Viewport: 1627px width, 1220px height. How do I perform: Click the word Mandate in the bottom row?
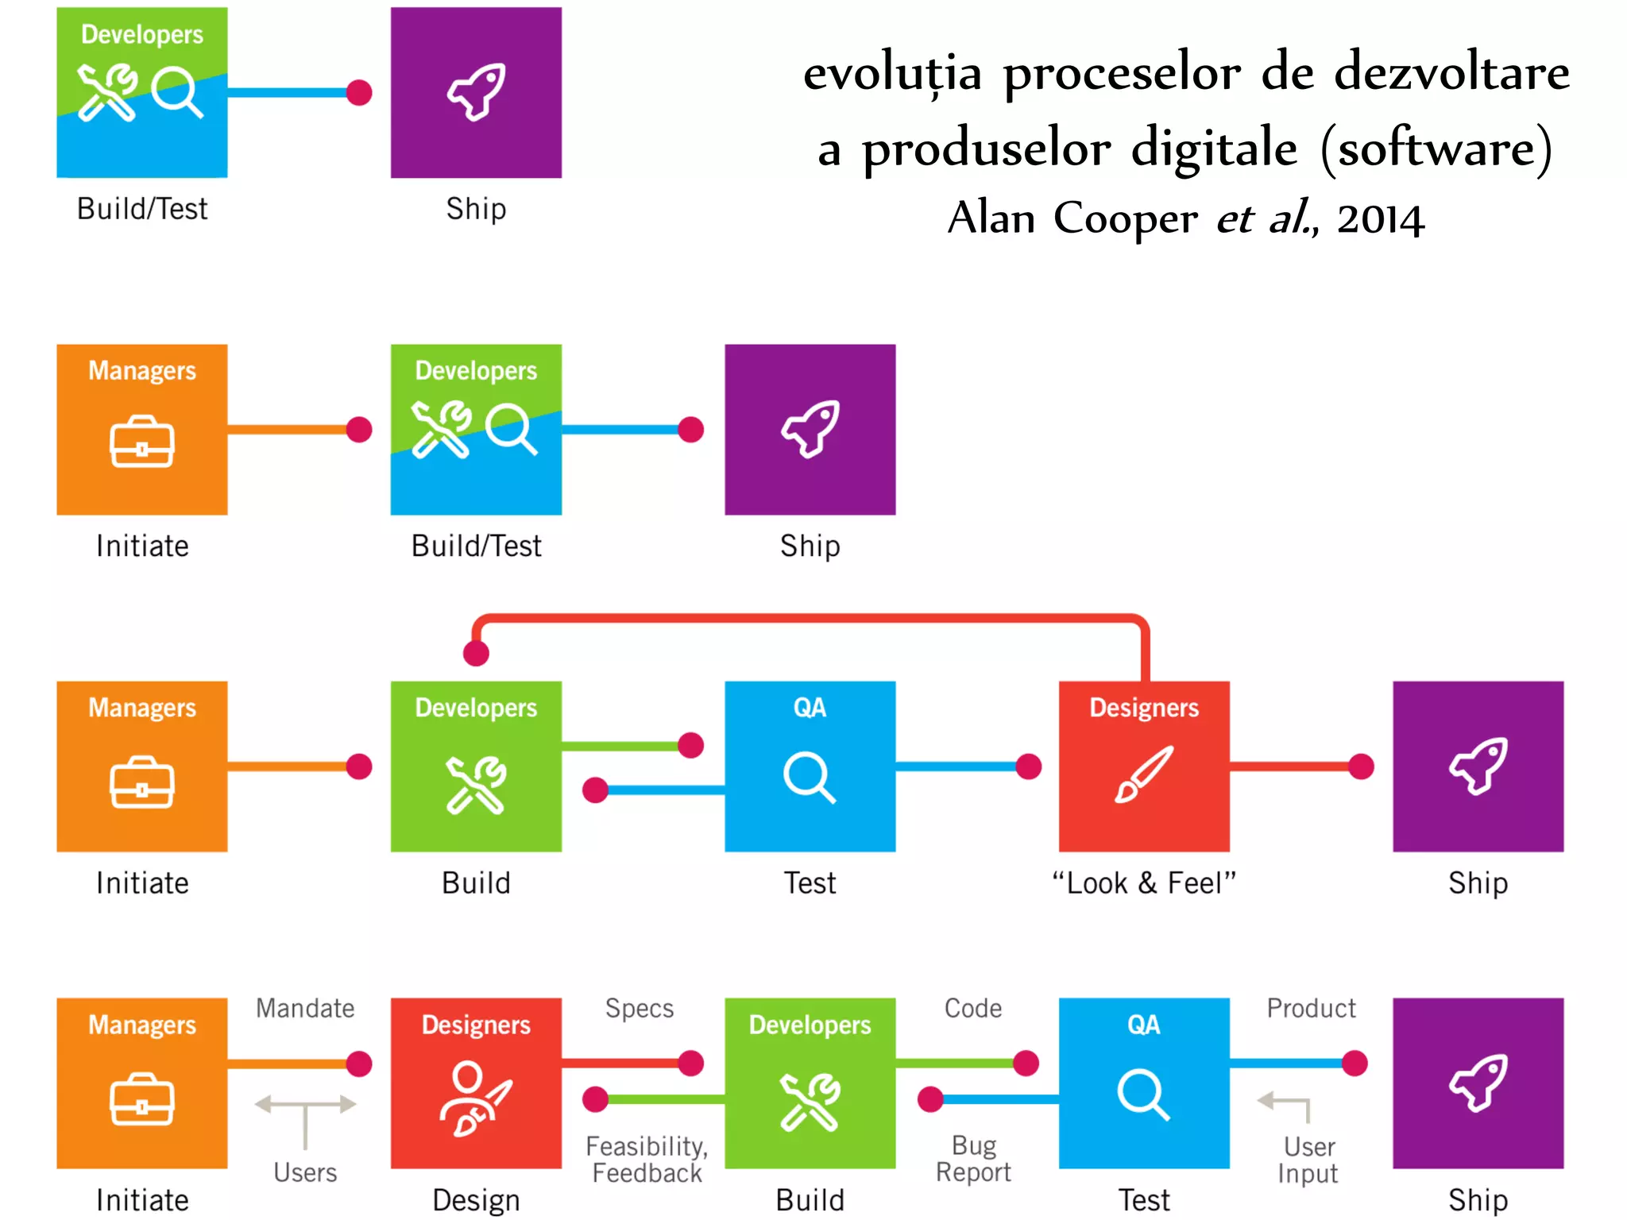(x=305, y=1008)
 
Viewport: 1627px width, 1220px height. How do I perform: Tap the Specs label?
(x=640, y=1008)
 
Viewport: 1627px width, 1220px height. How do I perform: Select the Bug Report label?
(x=973, y=1159)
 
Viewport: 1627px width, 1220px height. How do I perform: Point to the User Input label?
(x=1308, y=1160)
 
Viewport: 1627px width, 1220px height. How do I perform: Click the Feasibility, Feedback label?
(x=647, y=1160)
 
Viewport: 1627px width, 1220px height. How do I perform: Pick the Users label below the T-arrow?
(x=305, y=1172)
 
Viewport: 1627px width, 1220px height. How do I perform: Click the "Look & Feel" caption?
(x=1144, y=882)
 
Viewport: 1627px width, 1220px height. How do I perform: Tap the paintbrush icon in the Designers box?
(x=1143, y=774)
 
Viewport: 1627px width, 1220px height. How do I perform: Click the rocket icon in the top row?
(x=477, y=91)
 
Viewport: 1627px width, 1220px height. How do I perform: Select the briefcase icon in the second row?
(x=142, y=442)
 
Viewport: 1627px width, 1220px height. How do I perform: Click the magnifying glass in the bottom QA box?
(x=1143, y=1095)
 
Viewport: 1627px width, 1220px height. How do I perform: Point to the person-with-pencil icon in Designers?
(x=475, y=1099)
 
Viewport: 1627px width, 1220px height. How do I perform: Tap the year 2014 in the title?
(x=1381, y=219)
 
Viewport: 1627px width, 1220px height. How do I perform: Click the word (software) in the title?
(x=1436, y=148)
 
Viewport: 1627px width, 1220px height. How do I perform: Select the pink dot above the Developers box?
(x=476, y=653)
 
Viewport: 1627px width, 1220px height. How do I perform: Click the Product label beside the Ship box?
(x=1311, y=1008)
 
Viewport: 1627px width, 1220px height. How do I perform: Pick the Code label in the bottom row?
(x=973, y=1008)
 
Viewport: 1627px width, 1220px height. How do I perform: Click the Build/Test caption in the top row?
(x=142, y=209)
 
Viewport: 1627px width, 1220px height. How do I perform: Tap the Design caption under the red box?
(x=476, y=1199)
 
